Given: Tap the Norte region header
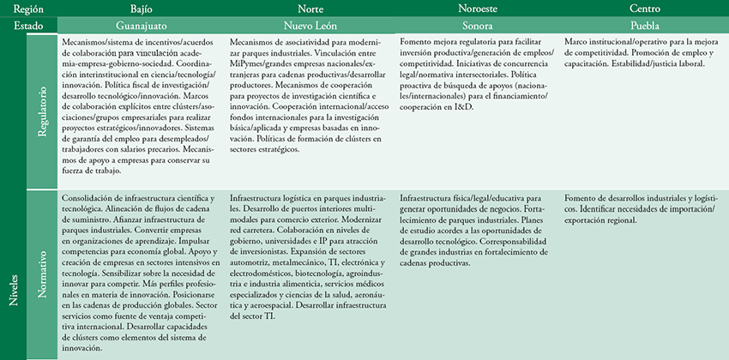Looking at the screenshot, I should tap(309, 9).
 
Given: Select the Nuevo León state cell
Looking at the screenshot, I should tap(309, 26).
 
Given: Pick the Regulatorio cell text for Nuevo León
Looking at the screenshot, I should tap(309, 94).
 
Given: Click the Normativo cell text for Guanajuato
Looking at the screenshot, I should tap(141, 275).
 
